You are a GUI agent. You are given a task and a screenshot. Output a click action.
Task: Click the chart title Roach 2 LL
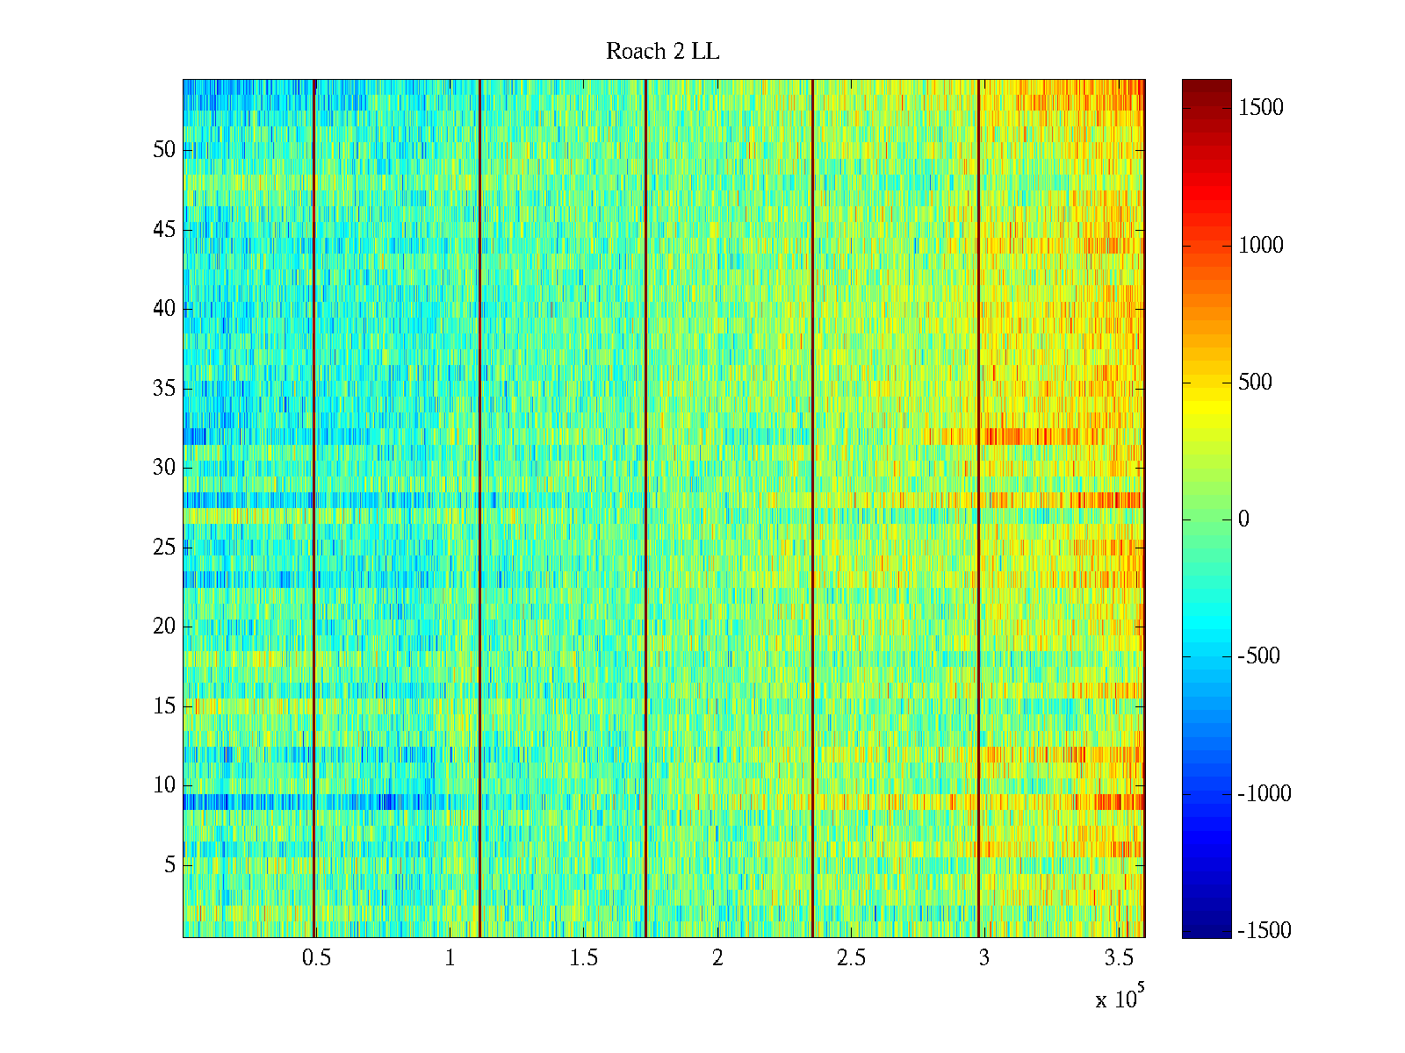[662, 52]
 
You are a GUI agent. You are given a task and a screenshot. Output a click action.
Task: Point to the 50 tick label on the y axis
[164, 149]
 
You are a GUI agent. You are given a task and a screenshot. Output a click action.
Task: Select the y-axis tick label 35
[164, 388]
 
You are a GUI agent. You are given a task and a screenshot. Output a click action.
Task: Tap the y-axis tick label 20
[164, 626]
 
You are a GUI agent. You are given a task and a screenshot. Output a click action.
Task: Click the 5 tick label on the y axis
[169, 864]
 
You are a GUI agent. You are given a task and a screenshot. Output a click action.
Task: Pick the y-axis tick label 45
[164, 229]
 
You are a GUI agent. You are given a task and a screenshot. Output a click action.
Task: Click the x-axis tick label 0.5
[316, 957]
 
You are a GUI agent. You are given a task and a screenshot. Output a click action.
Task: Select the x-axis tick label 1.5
[583, 957]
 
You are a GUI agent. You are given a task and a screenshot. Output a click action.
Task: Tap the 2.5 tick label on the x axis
[851, 957]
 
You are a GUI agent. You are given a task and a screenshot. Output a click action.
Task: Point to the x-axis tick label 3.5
[1118, 957]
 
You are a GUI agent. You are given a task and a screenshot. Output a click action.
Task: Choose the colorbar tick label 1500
[1260, 108]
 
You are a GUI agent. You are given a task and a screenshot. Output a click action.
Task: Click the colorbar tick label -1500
[1264, 930]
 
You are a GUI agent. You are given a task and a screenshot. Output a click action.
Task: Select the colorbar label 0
[1243, 519]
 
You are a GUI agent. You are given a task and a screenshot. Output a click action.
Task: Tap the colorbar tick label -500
[1258, 656]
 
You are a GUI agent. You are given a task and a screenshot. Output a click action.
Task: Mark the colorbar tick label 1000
[1260, 245]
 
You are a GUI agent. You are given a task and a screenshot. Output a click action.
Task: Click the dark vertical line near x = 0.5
[314, 509]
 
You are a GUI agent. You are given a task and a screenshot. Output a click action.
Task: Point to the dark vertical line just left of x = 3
[978, 509]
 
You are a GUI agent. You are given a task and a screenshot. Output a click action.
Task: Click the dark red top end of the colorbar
[1206, 86]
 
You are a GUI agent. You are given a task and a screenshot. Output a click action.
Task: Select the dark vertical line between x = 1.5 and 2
[645, 509]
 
